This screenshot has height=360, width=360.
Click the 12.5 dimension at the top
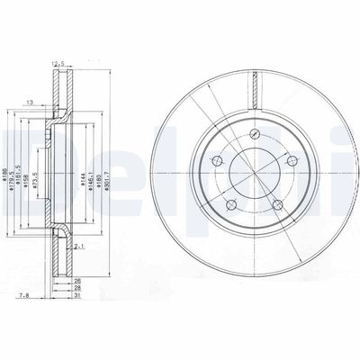coord(61,64)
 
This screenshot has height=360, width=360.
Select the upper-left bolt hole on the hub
coord(216,162)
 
